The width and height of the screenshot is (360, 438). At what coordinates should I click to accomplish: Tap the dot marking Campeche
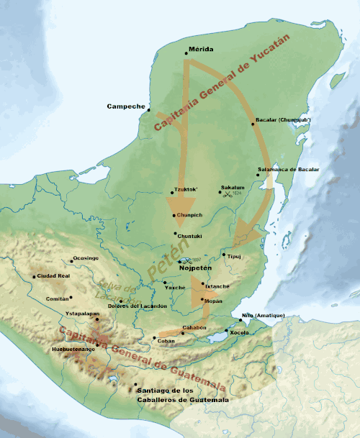point(149,110)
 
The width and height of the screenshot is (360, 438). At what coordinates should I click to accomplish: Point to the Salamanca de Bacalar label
point(287,170)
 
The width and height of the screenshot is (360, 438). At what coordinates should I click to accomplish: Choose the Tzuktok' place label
point(185,191)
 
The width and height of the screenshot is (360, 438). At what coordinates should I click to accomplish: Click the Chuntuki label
point(189,234)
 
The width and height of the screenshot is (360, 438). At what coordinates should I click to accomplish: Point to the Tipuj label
point(236,255)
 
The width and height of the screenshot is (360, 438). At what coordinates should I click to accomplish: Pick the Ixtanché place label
point(217,285)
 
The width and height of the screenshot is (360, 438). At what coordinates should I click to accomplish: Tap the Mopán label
point(215,300)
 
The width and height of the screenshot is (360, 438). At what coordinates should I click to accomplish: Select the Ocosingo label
point(84,257)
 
